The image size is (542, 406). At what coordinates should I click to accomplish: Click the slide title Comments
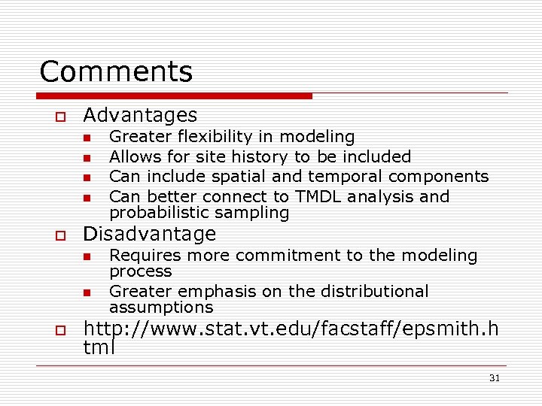[x=116, y=72]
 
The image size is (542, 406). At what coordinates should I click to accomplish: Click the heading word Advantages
[x=140, y=115]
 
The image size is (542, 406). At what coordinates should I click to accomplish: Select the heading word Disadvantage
[x=150, y=234]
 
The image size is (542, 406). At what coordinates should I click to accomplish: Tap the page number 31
[x=494, y=378]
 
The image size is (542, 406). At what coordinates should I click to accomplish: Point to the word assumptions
[x=161, y=307]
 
